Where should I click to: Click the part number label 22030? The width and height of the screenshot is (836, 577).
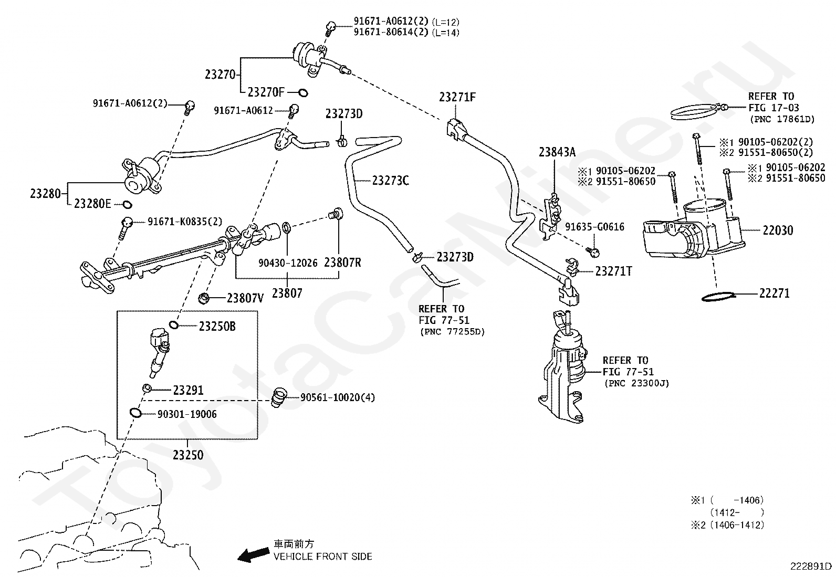[x=778, y=230]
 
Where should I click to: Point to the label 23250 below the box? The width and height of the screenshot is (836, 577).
[x=188, y=455]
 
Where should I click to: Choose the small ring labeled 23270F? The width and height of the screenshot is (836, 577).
[x=303, y=92]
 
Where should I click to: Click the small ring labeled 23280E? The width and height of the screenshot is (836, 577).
[x=127, y=204]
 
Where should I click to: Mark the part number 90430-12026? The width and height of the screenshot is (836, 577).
[x=288, y=263]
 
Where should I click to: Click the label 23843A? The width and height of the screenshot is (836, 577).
[x=557, y=152]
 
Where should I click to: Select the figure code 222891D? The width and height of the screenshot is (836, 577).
[x=811, y=566]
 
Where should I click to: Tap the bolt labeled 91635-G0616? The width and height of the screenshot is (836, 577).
[x=593, y=253]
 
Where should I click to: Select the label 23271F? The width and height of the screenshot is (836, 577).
[x=457, y=97]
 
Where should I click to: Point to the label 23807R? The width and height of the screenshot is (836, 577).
[x=342, y=263]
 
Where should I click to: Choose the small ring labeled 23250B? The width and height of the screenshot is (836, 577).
[x=174, y=326]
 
